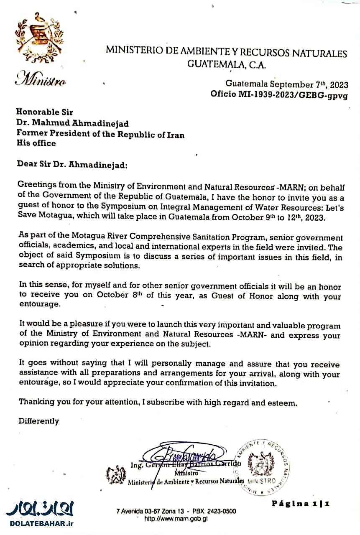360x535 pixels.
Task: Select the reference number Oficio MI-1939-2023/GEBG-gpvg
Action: click(x=278, y=94)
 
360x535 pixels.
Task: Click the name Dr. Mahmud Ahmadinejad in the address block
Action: click(x=66, y=124)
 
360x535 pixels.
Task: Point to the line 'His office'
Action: click(x=36, y=143)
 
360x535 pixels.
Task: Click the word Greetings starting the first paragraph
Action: click(x=35, y=185)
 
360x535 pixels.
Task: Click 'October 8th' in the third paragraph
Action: click(x=112, y=296)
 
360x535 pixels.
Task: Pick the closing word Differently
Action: click(x=38, y=421)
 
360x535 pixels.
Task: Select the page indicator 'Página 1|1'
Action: click(x=301, y=503)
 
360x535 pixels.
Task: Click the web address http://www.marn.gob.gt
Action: click(x=176, y=519)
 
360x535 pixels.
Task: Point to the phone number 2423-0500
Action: click(x=222, y=511)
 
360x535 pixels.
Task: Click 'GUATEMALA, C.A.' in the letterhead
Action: click(x=226, y=65)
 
